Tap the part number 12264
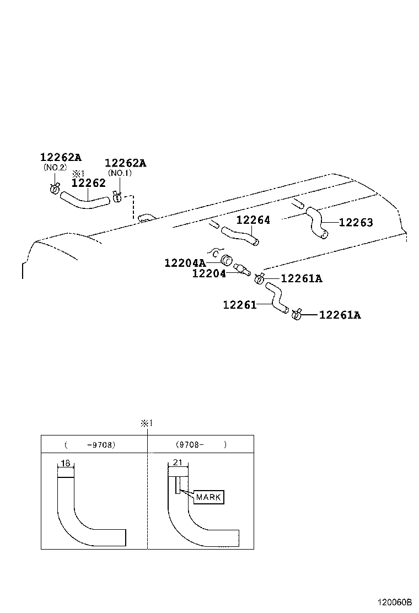253,220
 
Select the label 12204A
185,263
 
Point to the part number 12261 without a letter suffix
239,304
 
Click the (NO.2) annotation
55,168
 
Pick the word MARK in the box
208,497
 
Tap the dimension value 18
65,464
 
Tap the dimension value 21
177,463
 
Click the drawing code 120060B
395,603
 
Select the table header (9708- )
201,444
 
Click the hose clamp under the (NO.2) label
54,189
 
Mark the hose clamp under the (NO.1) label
116,196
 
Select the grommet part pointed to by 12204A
225,260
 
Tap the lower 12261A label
340,315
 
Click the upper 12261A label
302,279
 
